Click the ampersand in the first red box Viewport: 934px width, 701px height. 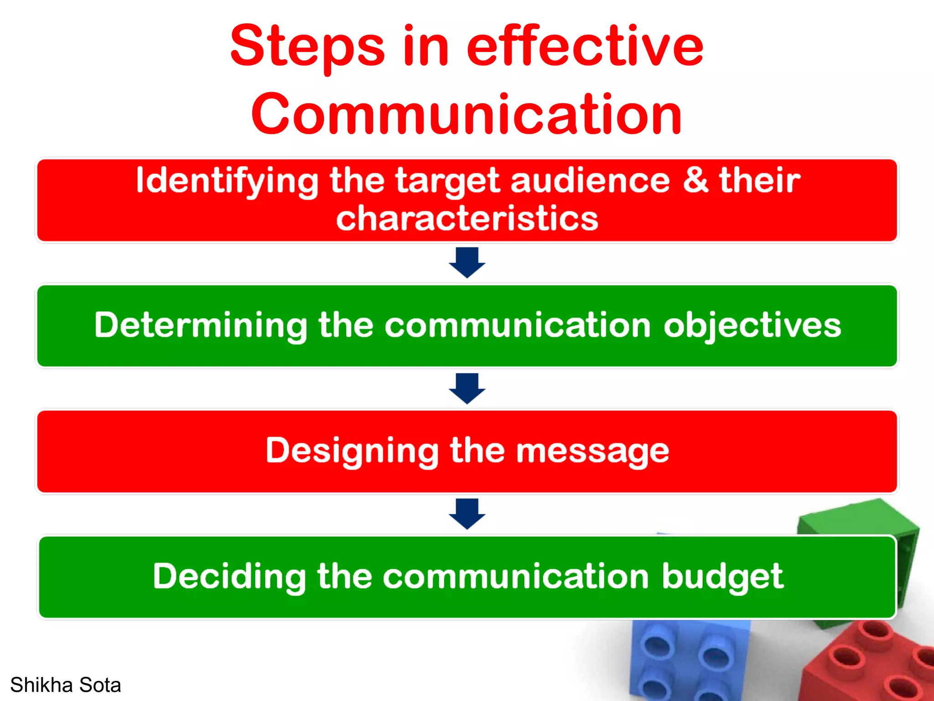(695, 180)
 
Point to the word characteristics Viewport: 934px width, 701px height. (467, 218)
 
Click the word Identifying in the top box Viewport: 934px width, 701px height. (227, 181)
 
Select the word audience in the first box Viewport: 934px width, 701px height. (590, 181)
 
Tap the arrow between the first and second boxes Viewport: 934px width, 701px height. (467, 262)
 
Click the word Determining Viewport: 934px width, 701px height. (201, 326)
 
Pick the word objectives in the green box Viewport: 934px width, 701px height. (752, 326)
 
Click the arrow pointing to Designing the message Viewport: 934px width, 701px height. (467, 388)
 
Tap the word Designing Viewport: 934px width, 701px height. (352, 451)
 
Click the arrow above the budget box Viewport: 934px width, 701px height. (467, 514)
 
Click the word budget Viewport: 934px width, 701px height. (722, 577)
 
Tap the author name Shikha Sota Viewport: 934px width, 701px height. (66, 685)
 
